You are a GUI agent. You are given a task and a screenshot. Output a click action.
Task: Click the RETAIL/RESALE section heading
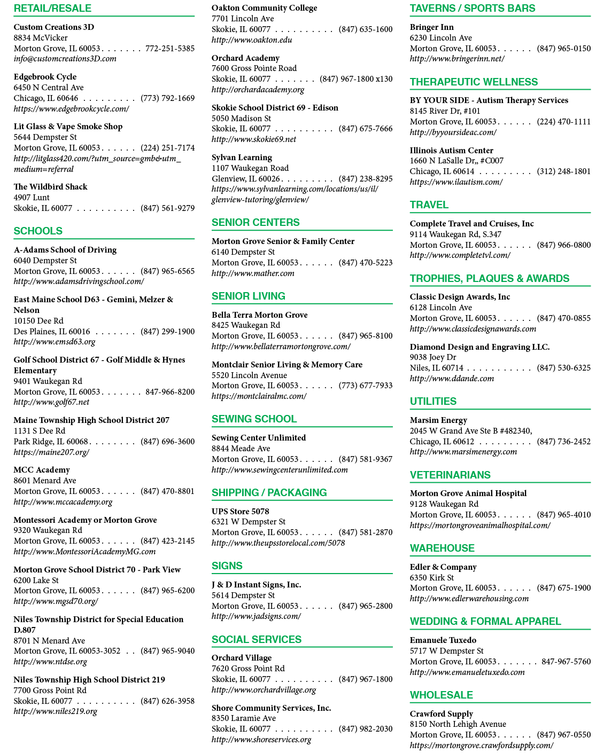coord(52,9)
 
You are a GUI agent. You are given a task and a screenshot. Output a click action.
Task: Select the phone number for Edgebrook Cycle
coord(167,98)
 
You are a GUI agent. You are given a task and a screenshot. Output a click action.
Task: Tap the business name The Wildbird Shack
coord(50,186)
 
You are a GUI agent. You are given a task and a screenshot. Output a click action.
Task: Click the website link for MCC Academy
coord(63,502)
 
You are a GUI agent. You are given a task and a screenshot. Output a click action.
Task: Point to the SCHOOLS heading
coord(38,231)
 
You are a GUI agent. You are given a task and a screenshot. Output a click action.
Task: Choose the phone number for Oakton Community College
coord(366,29)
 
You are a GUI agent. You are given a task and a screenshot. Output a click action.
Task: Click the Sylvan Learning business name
coord(242,158)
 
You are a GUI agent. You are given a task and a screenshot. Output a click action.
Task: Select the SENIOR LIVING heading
coord(249,296)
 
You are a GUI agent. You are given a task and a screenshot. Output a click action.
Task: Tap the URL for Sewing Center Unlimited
coord(280,470)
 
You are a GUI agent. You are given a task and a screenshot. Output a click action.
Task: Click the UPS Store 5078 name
coord(241,511)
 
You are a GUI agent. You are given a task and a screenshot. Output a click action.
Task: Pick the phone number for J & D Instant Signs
coord(366,606)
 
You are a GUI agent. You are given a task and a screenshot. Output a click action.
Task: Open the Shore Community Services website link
coord(261,740)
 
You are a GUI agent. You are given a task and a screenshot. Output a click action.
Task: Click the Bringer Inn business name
coord(432,27)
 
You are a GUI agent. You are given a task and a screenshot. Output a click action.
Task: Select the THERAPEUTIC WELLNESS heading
coord(474,82)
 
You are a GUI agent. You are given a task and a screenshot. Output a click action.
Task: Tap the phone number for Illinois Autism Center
coord(564,171)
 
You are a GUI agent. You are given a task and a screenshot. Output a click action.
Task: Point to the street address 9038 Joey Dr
coord(433,357)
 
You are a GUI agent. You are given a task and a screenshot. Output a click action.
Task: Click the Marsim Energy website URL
coord(463,452)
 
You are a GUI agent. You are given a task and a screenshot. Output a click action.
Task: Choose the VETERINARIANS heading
coord(450,475)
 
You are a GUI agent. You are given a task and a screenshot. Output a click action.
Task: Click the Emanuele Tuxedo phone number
coord(566,662)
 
